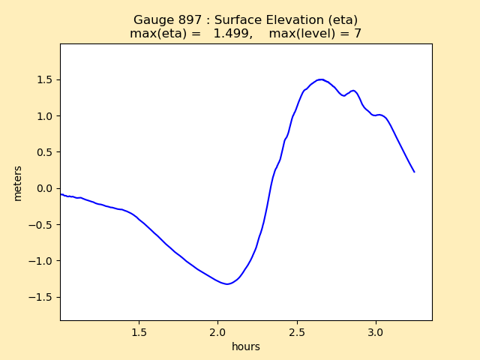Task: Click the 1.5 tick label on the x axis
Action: pos(139,331)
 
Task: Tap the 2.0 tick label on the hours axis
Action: pos(217,331)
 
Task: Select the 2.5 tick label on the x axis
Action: pos(297,331)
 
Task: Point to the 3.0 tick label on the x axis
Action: pos(376,331)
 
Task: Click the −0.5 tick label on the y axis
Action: pos(42,225)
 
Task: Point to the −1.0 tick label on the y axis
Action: pos(42,261)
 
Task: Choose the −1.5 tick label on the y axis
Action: pos(42,297)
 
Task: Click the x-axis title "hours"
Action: pos(246,346)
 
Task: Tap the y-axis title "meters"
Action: pos(18,183)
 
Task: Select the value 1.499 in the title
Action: pos(230,34)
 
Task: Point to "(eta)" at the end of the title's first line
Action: pos(343,20)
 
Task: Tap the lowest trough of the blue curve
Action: pos(226,283)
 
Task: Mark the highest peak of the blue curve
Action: pos(321,79)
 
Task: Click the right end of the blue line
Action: pos(414,172)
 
